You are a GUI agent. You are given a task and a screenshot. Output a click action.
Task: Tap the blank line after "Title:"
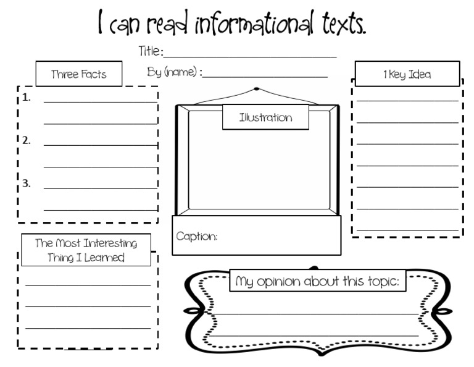coord(250,56)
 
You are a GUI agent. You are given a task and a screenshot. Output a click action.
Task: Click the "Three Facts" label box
coord(78,74)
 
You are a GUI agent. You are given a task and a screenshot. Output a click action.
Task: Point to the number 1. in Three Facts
coord(27,98)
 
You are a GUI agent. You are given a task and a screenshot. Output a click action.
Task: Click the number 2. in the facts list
coord(27,140)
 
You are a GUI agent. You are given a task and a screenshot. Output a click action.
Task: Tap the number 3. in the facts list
coord(27,183)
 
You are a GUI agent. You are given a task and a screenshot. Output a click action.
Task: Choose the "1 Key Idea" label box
coord(407,74)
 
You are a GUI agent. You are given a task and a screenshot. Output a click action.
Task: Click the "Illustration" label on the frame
coord(265,117)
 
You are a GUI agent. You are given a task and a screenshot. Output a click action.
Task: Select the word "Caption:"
coord(197,236)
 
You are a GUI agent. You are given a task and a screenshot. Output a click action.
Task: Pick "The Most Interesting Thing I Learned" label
coord(86,250)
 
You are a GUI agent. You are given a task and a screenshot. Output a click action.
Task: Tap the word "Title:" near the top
coord(151,51)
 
